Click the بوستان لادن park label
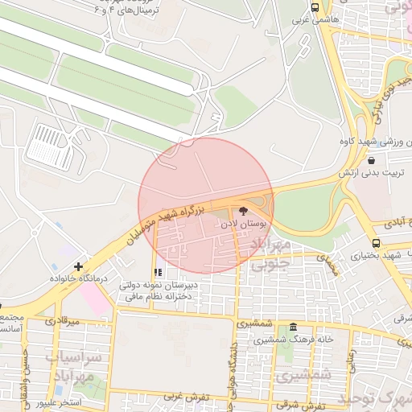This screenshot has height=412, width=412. pos(242,226)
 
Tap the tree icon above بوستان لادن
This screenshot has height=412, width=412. pos(244,212)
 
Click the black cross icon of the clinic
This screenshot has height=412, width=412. pos(78,266)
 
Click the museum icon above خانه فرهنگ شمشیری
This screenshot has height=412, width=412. pos(292,328)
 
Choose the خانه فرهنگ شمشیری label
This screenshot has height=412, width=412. pos(293,340)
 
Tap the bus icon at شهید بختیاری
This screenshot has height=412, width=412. pos(376,242)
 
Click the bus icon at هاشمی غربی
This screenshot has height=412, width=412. pos(315,7)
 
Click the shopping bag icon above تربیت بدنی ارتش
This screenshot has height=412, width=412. pos(369,160)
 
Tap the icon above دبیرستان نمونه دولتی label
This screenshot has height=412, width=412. pos(159,272)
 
